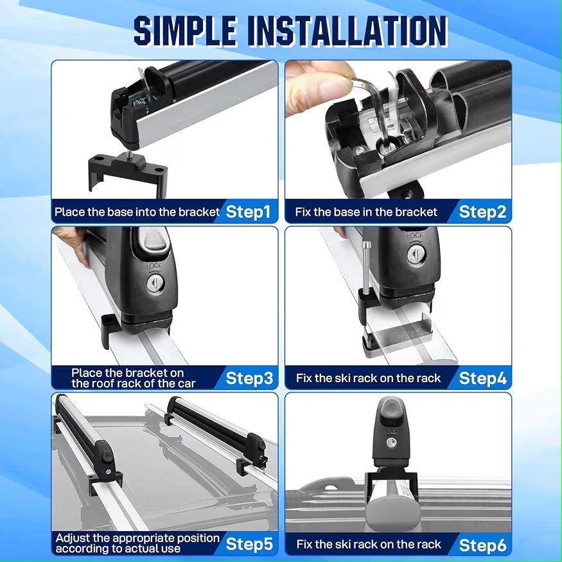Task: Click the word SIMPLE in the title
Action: point(186,31)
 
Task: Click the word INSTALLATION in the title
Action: point(347,31)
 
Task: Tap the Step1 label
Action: point(248,212)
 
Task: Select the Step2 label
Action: point(482,212)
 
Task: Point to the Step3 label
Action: point(249,378)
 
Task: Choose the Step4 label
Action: point(483,378)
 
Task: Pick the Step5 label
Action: point(249,544)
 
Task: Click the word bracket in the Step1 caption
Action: point(199,212)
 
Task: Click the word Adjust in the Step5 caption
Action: point(73,538)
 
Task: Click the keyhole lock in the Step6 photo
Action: point(391,443)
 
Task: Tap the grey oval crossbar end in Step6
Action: point(392,508)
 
